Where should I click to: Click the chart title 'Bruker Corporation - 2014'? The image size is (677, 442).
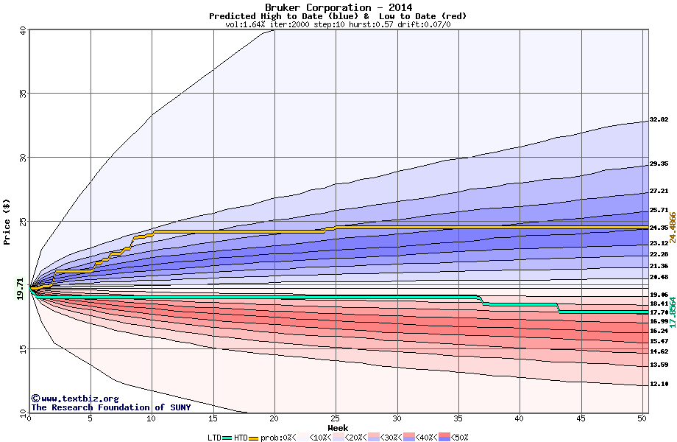pyautogui.click(x=338, y=7)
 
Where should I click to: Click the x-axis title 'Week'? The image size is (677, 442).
pyautogui.click(x=338, y=427)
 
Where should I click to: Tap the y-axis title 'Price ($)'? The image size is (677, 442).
pyautogui.click(x=7, y=221)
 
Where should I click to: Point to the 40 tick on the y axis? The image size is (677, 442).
pyautogui.click(x=23, y=30)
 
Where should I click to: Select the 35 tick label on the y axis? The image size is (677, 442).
pyautogui.click(x=23, y=94)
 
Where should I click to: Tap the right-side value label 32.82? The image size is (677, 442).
pyautogui.click(x=659, y=120)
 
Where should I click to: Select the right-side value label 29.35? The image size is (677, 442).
pyautogui.click(x=659, y=164)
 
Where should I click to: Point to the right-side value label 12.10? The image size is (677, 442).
pyautogui.click(x=659, y=384)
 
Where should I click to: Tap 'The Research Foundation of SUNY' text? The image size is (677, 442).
pyautogui.click(x=110, y=407)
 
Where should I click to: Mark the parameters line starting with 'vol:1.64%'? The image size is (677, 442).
pyautogui.click(x=338, y=24)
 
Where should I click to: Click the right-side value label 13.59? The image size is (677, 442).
pyautogui.click(x=659, y=365)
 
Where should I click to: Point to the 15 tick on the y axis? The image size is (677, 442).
pyautogui.click(x=23, y=349)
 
